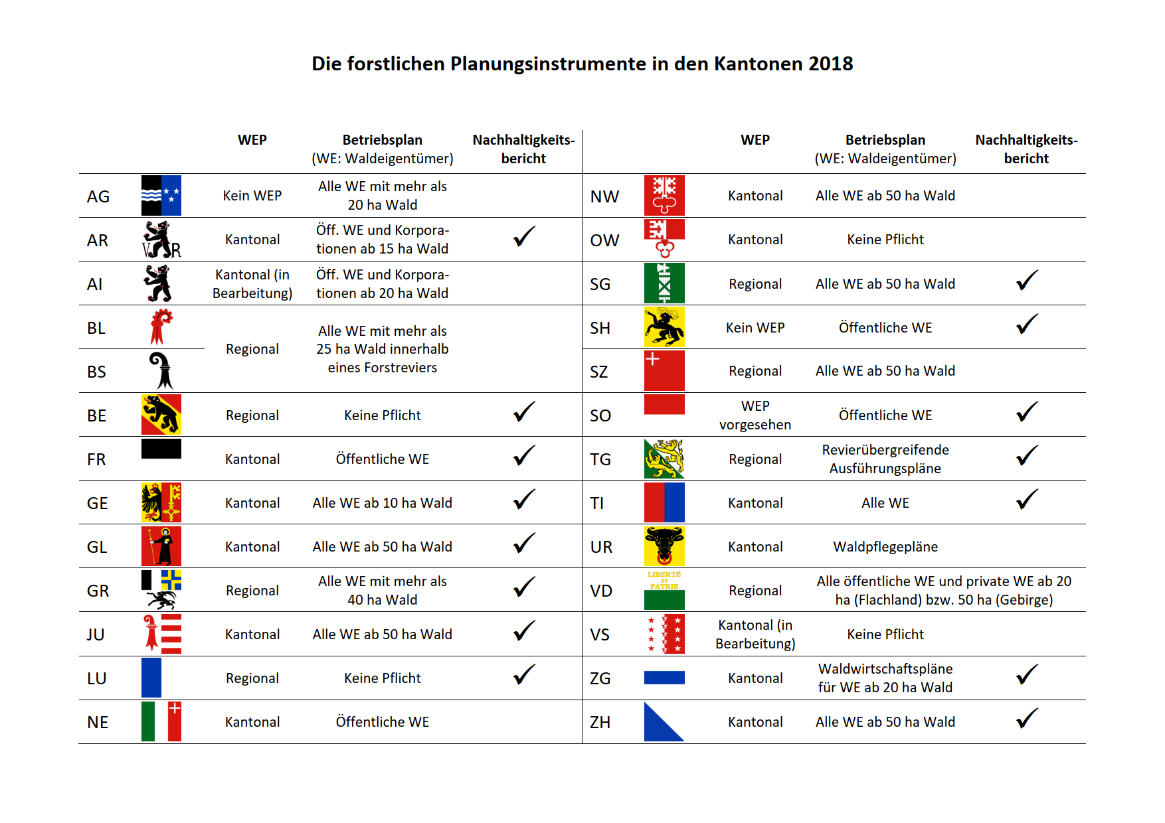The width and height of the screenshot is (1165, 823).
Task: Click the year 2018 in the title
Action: (830, 64)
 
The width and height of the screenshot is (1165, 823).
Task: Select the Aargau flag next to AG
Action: (161, 196)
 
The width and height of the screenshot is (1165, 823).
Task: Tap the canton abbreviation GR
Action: (98, 591)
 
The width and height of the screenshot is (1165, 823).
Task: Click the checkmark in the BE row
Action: (524, 412)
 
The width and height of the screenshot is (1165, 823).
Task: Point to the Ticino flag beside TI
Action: (664, 502)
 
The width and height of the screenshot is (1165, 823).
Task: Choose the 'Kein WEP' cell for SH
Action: (755, 328)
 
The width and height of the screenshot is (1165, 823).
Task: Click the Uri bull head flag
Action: (664, 546)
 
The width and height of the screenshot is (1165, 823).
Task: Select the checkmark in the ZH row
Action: (1027, 719)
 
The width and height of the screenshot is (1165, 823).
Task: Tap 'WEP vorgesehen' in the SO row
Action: (755, 415)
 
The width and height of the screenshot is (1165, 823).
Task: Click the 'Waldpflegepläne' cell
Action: (885, 547)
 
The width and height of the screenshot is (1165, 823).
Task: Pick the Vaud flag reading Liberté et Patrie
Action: (664, 590)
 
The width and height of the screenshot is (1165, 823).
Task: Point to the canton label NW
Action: (604, 196)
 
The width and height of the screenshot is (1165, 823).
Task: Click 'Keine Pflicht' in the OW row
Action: (885, 240)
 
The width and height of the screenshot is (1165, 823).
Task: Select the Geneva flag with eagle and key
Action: (161, 502)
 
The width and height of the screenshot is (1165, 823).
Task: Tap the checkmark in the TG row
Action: (1027, 456)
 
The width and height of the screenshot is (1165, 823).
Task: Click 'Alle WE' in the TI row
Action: (885, 503)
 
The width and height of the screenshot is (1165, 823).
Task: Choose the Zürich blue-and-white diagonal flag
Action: (664, 721)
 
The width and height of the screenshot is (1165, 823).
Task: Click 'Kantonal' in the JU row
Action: (252, 635)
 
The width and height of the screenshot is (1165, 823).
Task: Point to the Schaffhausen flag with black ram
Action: (664, 327)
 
